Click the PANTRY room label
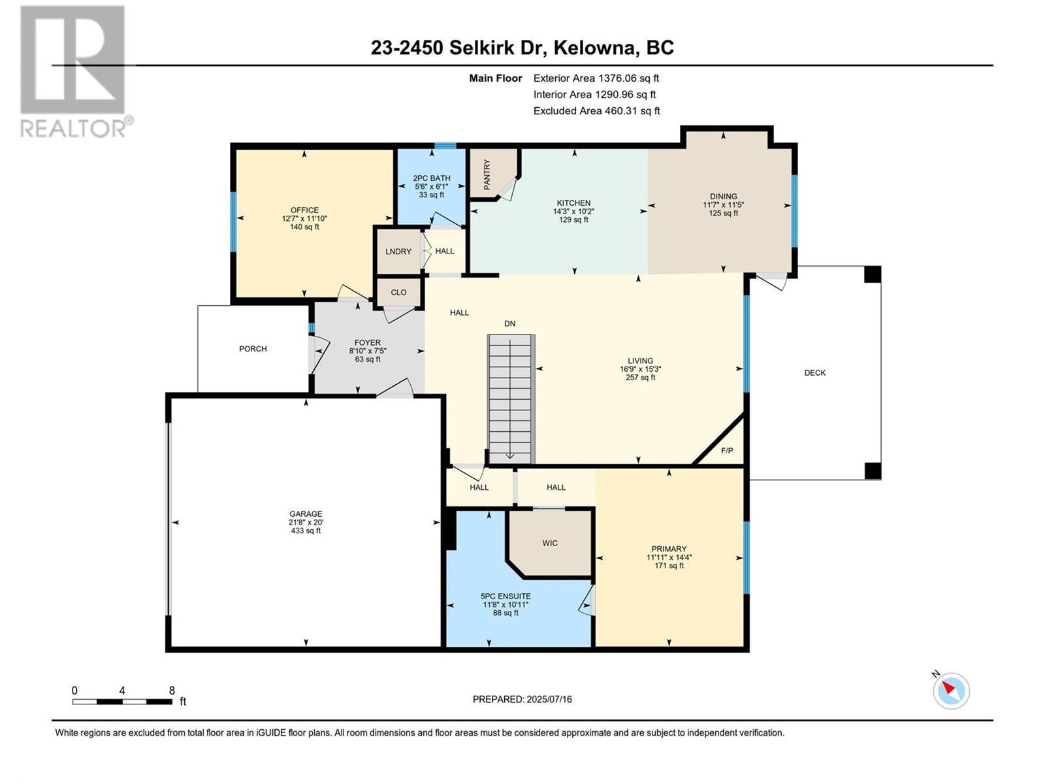click(487, 174)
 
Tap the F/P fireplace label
click(727, 451)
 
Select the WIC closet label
click(550, 543)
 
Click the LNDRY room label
click(398, 252)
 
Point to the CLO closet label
click(398, 292)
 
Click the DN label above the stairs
click(509, 323)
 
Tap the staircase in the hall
click(511, 399)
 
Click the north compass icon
click(951, 691)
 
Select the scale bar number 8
click(172, 691)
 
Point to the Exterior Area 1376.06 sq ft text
click(596, 78)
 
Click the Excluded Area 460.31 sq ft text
click(596, 111)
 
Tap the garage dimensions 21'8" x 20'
click(306, 523)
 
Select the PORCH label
click(253, 349)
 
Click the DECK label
click(814, 373)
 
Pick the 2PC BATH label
click(432, 178)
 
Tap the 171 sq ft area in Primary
click(669, 566)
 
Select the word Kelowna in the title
click(596, 48)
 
